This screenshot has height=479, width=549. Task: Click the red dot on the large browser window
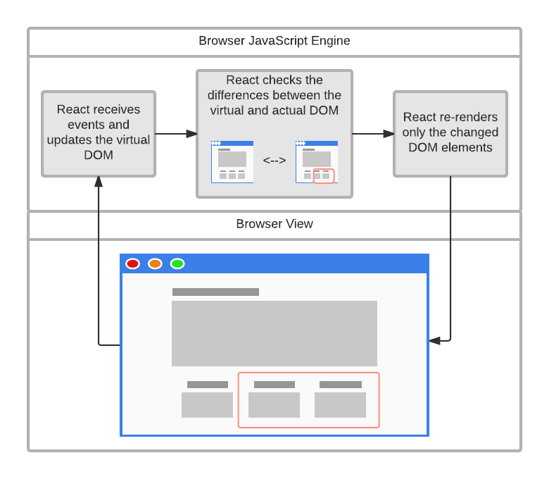pyautogui.click(x=133, y=263)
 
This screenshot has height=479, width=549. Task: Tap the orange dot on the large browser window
pyautogui.click(x=155, y=263)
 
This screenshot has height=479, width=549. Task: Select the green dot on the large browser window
pyautogui.click(x=177, y=263)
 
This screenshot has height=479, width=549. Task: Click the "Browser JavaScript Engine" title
pyautogui.click(x=274, y=41)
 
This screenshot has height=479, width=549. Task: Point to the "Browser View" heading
pyautogui.click(x=274, y=223)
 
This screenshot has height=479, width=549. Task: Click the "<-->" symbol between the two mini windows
pyautogui.click(x=274, y=161)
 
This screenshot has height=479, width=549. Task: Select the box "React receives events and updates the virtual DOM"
pyautogui.click(x=99, y=134)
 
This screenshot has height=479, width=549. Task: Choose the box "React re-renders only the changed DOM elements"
pyautogui.click(x=450, y=134)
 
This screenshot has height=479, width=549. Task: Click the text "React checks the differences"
pyautogui.click(x=274, y=87)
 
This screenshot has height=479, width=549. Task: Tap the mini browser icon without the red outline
pyautogui.click(x=232, y=162)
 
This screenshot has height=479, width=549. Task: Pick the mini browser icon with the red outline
pyautogui.click(x=317, y=162)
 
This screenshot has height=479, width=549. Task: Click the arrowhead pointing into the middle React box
pyautogui.click(x=191, y=134)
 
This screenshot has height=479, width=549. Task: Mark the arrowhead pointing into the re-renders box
pyautogui.click(x=389, y=134)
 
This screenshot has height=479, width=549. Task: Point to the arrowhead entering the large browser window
pyautogui.click(x=435, y=341)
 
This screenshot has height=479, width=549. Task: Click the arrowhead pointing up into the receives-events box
pyautogui.click(x=99, y=182)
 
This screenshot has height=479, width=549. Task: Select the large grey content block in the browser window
pyautogui.click(x=274, y=333)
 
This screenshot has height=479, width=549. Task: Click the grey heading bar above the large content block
pyautogui.click(x=215, y=292)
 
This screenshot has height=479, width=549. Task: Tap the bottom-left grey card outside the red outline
pyautogui.click(x=207, y=405)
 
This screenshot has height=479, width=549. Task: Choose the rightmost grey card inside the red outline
pyautogui.click(x=341, y=405)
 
